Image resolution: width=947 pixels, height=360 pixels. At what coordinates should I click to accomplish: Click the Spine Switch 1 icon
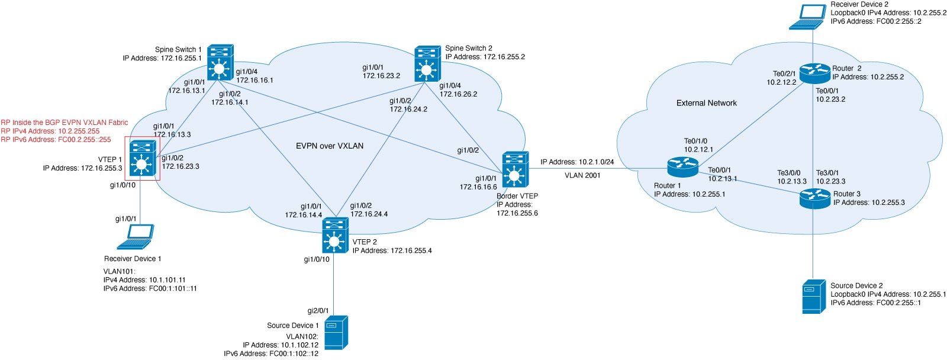point(220,63)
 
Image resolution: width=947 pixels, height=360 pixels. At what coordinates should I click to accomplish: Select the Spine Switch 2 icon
point(427,63)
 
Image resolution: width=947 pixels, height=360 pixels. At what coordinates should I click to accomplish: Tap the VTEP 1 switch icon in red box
point(141,158)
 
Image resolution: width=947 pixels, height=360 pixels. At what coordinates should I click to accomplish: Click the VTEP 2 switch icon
point(335,236)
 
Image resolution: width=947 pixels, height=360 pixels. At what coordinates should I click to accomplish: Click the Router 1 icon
point(682,168)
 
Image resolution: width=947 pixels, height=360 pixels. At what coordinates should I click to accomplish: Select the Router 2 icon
point(815,73)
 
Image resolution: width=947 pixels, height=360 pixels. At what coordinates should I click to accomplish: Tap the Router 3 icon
point(815,198)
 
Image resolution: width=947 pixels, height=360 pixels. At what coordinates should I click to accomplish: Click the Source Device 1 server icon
point(336,333)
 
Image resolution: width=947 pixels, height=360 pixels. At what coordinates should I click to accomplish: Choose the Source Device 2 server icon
point(814,296)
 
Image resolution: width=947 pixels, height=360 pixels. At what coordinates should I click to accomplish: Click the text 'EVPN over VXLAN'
point(330,146)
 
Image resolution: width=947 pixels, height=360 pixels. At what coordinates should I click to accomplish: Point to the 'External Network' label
point(706,103)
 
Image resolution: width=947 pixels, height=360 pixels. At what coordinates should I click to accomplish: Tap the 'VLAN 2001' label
point(582,175)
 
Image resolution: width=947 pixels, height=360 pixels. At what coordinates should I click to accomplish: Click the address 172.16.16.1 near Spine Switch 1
point(255,80)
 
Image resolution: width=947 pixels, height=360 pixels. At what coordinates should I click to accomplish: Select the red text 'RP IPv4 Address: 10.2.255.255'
point(50,131)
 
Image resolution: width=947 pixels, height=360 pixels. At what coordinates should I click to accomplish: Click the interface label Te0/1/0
point(695,141)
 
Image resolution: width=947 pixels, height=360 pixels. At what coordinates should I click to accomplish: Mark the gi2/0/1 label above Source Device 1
point(318,311)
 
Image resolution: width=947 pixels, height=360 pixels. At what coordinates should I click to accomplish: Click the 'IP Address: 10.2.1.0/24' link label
point(576,162)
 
